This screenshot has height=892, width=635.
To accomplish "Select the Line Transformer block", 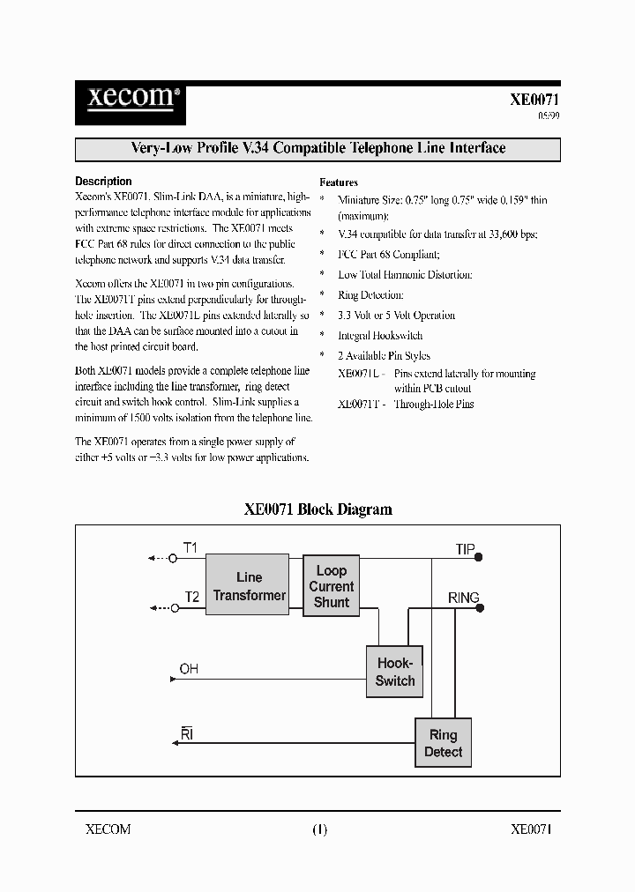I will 249,586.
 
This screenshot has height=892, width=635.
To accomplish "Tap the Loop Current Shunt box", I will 332,586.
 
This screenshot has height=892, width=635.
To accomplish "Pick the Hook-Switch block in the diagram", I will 394,672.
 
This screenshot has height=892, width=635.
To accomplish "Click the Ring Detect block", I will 443,743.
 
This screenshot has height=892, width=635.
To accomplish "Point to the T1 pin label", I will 190,547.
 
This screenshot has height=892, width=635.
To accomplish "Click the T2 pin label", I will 191,597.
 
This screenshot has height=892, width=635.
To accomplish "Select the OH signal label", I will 189,669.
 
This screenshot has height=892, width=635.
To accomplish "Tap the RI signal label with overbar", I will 186,734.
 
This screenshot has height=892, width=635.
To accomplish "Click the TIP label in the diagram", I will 465,549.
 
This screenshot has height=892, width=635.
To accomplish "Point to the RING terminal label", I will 463,598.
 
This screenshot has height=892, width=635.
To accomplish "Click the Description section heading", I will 104,181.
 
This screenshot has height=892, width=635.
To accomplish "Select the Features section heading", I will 339,182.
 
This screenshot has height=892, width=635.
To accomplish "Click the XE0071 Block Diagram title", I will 317,509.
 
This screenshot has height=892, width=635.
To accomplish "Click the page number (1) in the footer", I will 318,829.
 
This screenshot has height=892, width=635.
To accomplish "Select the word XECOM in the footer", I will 108,829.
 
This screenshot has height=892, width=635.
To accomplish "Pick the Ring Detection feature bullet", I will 370,295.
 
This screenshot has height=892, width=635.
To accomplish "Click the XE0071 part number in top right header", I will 534,100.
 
